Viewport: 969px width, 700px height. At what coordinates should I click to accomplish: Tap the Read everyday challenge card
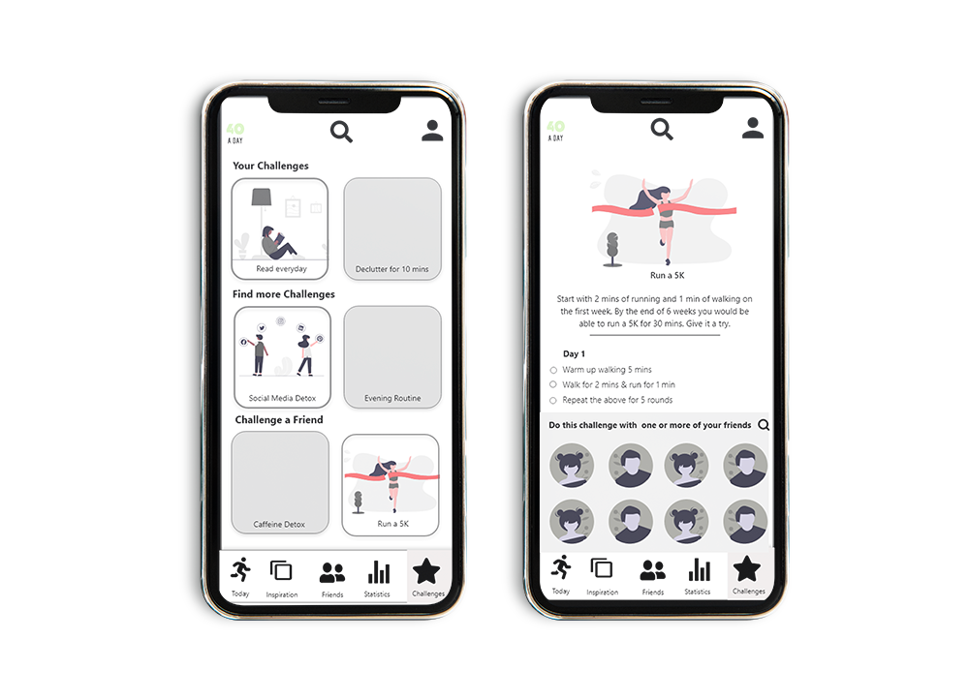coord(280,229)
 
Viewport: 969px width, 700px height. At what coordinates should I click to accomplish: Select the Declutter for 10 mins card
coord(392,229)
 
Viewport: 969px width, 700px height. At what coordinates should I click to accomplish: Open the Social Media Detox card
coord(282,357)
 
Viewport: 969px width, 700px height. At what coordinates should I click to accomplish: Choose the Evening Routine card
coord(392,357)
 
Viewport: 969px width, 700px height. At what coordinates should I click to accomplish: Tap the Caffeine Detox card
coord(280,483)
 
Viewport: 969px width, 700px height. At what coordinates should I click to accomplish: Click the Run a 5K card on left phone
coord(391,485)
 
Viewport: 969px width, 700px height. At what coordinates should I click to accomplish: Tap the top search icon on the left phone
coord(341,132)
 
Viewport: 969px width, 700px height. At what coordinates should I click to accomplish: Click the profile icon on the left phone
coord(432,131)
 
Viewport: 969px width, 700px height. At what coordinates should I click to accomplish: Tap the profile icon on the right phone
coord(753,128)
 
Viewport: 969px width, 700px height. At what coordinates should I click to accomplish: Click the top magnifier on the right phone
coord(662,129)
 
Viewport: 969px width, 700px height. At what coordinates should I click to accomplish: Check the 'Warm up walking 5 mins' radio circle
coord(553,371)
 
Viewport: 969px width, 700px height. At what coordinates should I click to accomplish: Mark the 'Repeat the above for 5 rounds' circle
coord(553,401)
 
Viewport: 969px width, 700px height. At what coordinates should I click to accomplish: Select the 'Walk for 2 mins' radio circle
coord(553,384)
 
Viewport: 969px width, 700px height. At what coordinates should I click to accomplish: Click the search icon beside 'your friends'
coord(764,425)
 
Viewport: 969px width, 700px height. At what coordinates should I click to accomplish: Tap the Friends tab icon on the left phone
coord(331,573)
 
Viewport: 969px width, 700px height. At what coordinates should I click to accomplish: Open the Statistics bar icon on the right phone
coord(699,569)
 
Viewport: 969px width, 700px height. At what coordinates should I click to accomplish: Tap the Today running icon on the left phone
coord(240,569)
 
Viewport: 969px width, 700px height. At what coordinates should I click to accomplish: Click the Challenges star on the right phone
coord(746,568)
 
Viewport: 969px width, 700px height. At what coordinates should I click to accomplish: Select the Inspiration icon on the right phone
coord(602,568)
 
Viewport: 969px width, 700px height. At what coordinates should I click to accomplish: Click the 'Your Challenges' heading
coord(270,166)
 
